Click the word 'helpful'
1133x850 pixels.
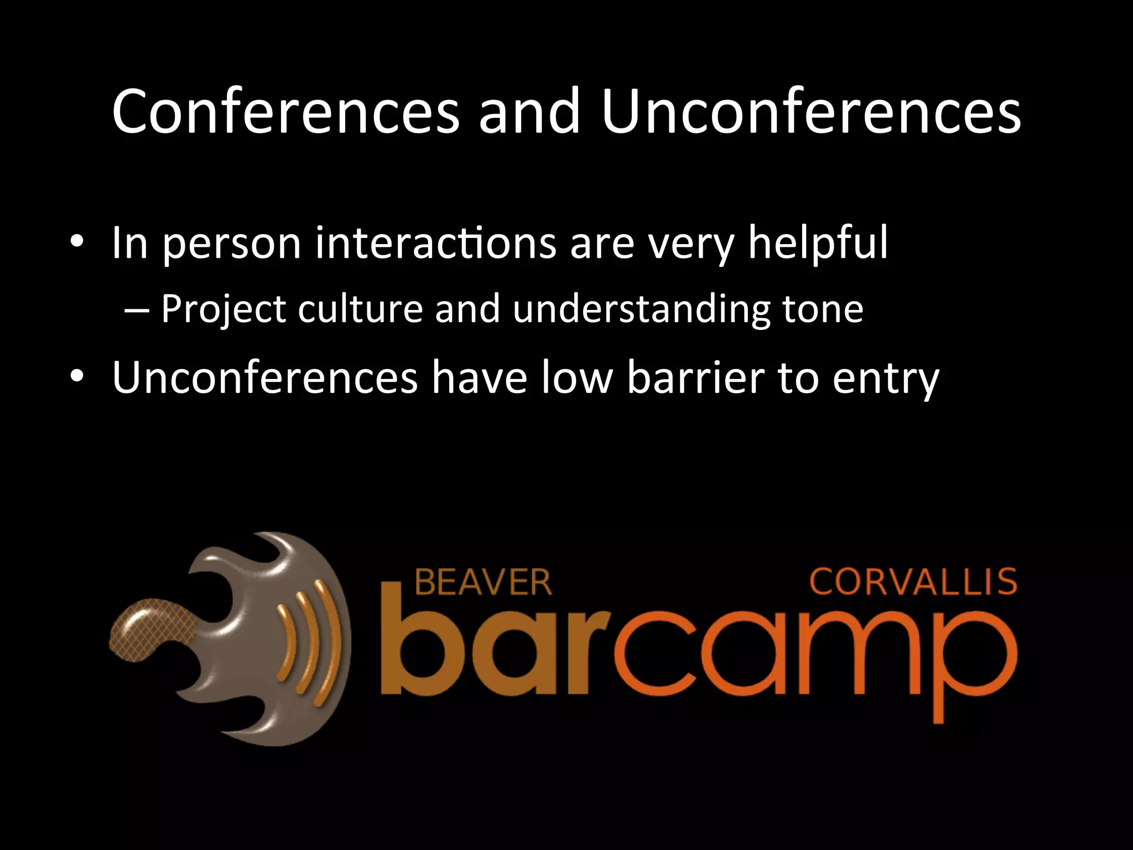pyautogui.click(x=818, y=243)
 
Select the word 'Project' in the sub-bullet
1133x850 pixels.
pyautogui.click(x=223, y=310)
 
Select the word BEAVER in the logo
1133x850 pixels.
pyautogui.click(x=483, y=582)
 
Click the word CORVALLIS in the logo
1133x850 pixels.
pyautogui.click(x=913, y=582)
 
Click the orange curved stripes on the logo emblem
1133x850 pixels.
pyautogui.click(x=310, y=642)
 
